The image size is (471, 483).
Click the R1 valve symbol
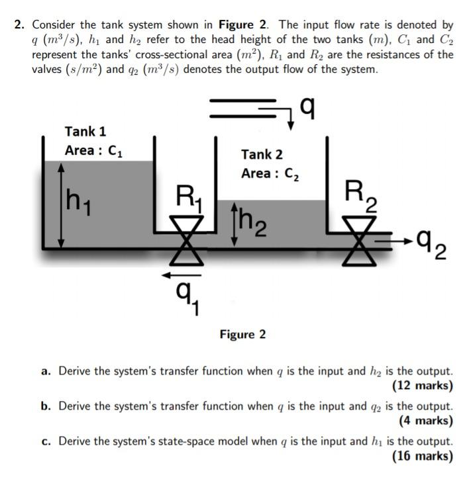point(187,241)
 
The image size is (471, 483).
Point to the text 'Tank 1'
point(85,131)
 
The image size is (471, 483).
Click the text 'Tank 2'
point(262,154)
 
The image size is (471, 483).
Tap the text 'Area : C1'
point(93,151)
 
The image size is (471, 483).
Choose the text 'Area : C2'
point(270,174)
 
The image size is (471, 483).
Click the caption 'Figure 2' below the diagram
point(242,334)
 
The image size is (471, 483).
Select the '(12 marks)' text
point(423,386)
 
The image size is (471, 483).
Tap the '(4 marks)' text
point(427,420)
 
